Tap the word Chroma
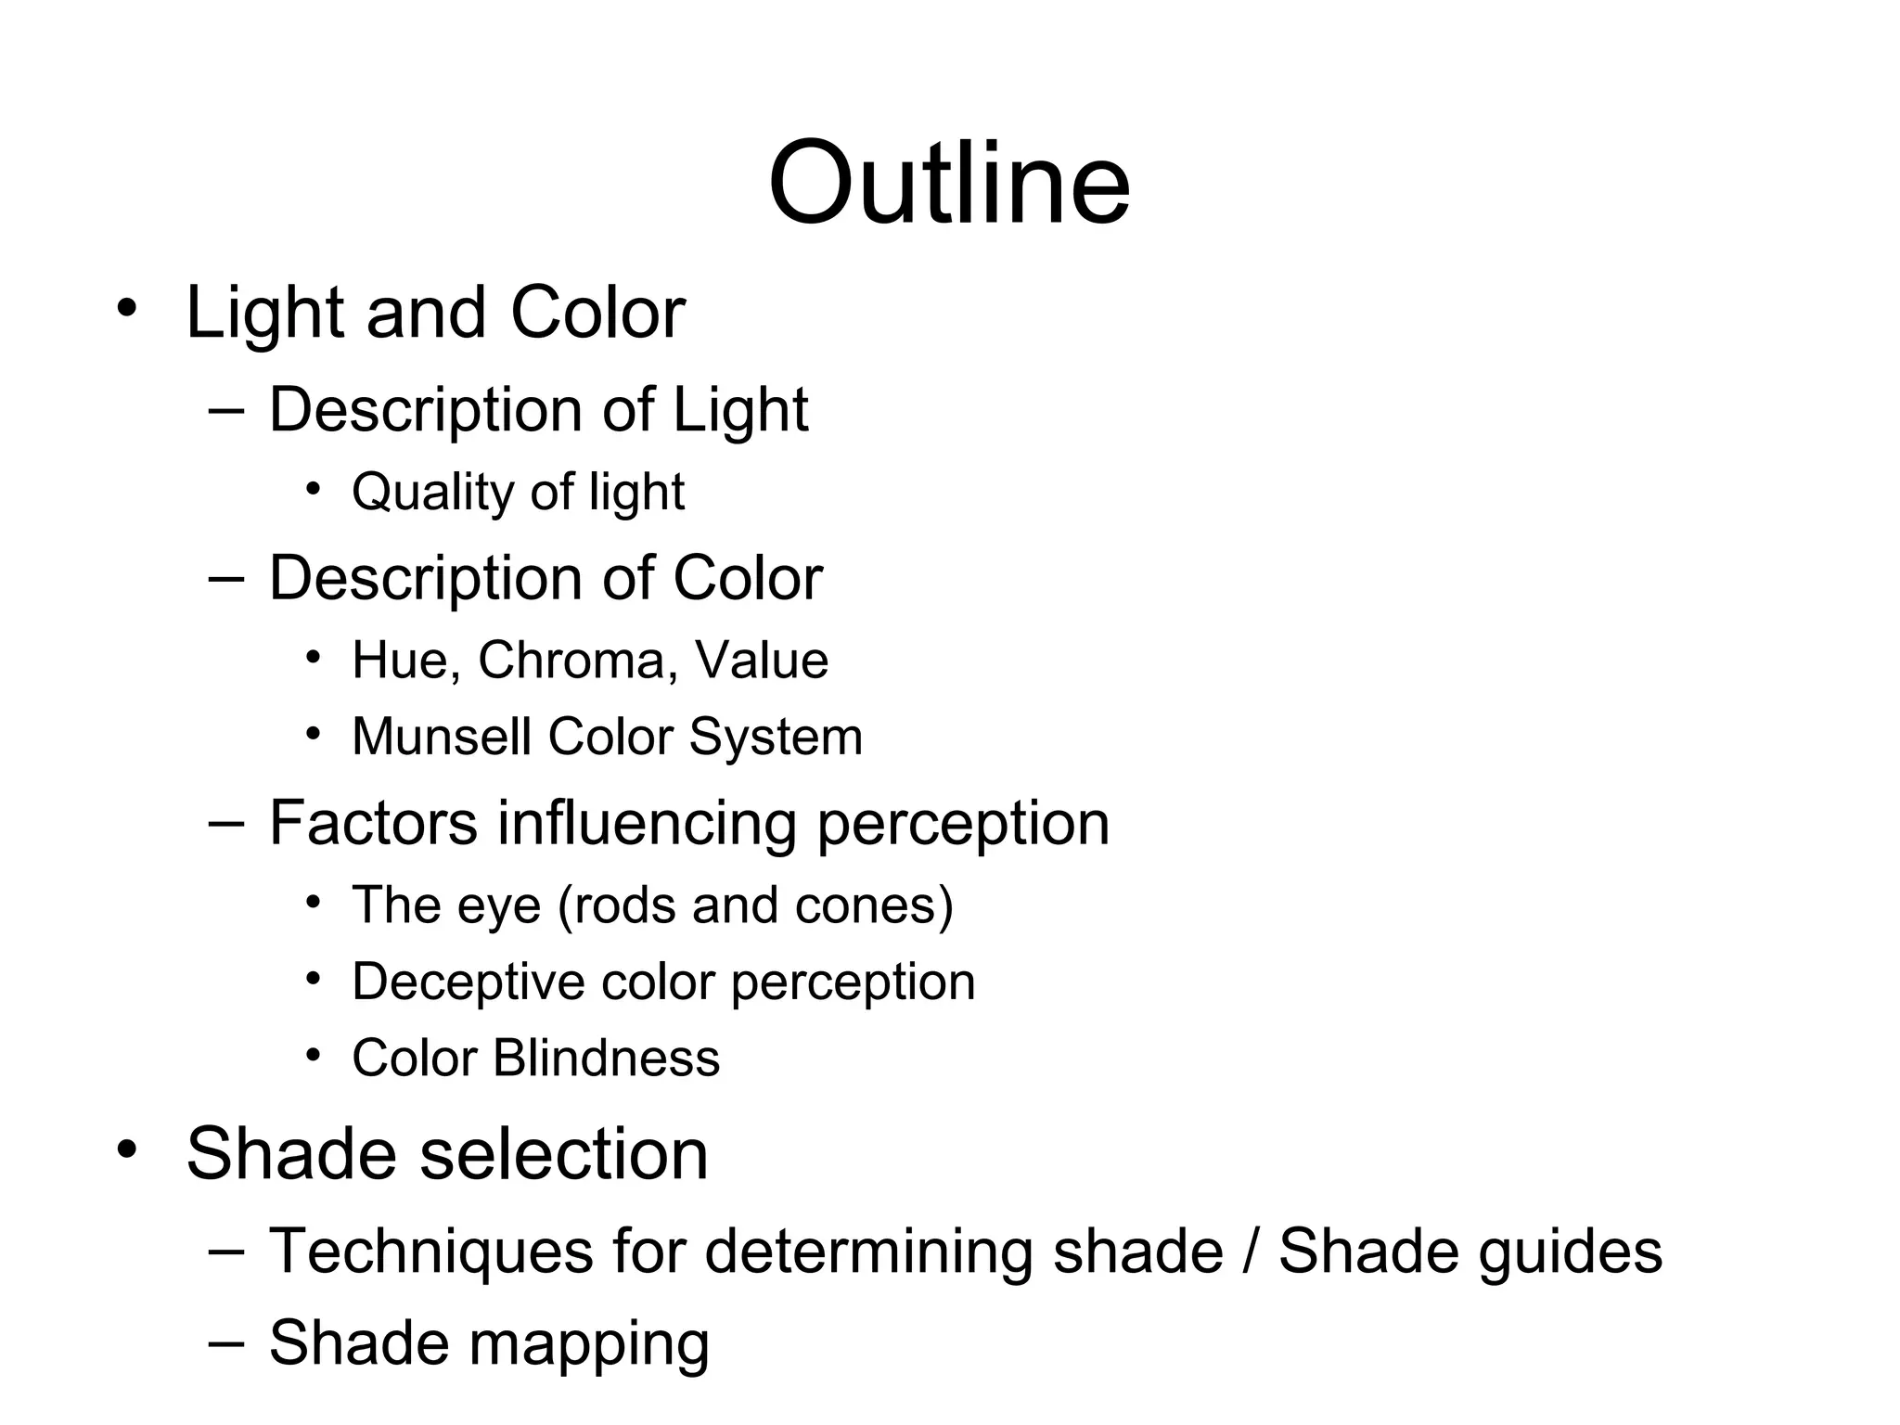pos(571,661)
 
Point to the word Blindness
pos(606,1058)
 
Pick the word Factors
pos(373,823)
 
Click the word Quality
pos(431,492)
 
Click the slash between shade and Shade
pos(1252,1252)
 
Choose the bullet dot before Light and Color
pos(127,307)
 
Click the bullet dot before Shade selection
pos(127,1149)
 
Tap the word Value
pos(761,661)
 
